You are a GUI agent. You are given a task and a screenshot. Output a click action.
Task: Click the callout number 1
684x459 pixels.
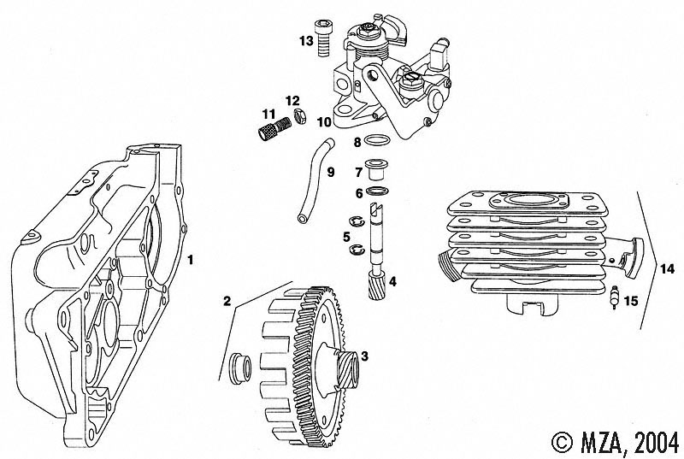click(192, 257)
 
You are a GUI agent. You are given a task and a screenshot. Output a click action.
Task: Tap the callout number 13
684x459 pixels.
click(306, 41)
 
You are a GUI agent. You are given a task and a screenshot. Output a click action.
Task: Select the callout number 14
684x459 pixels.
click(667, 269)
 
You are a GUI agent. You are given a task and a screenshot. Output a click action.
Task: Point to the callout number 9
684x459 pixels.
click(330, 172)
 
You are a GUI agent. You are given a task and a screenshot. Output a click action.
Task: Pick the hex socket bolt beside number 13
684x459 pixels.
click(324, 37)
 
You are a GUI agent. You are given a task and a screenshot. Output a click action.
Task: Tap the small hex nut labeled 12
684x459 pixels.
click(300, 115)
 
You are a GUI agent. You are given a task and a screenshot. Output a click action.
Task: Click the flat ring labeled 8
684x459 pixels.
click(377, 140)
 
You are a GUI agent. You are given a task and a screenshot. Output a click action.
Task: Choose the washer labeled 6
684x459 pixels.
click(377, 192)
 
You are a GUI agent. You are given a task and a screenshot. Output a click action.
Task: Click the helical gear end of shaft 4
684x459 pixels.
click(375, 281)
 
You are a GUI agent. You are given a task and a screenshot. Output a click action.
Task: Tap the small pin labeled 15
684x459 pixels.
click(615, 299)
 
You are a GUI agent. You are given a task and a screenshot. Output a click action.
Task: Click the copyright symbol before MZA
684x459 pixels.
click(563, 440)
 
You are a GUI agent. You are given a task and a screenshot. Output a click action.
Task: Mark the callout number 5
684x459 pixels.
click(346, 236)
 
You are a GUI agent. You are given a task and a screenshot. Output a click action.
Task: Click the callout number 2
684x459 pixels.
click(227, 300)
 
